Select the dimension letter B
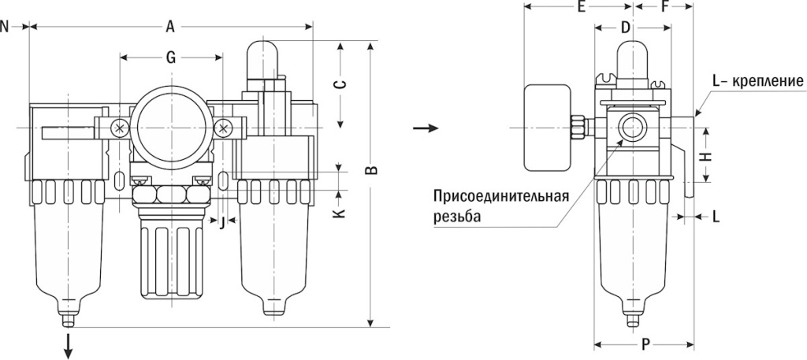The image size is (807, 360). click(374, 169)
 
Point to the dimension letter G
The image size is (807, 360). click(170, 56)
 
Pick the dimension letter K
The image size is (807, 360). click(340, 213)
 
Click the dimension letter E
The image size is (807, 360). click(580, 8)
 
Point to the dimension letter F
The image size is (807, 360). click(666, 8)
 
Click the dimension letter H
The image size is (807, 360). click(707, 156)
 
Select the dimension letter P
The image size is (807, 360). click(645, 343)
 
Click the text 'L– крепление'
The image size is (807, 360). click(757, 81)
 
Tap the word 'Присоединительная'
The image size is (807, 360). click(500, 195)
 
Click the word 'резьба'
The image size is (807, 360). click(456, 214)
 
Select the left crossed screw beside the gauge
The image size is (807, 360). click(120, 128)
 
